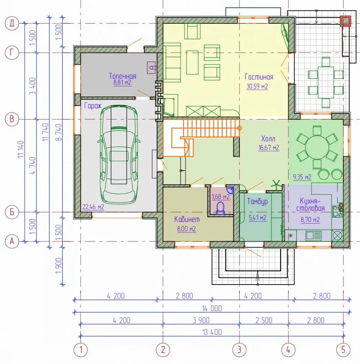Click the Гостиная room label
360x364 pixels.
[259, 77]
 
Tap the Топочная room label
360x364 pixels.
[122, 76]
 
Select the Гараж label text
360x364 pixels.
[93, 106]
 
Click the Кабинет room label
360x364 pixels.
[187, 219]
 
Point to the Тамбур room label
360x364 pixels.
[257, 201]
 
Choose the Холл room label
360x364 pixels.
[268, 139]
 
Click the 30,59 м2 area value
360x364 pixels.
[257, 86]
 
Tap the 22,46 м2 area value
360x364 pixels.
[93, 206]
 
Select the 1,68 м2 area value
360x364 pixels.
[221, 197]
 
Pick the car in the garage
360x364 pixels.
[119, 154]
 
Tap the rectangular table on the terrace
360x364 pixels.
[326, 82]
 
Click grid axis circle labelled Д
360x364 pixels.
[12, 23]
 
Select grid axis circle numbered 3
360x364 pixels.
[239, 349]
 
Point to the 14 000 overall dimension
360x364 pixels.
[212, 308]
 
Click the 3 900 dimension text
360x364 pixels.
[201, 320]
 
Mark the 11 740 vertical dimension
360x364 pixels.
[45, 132]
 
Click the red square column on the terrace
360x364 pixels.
[346, 21]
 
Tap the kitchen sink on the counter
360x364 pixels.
[314, 235]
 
